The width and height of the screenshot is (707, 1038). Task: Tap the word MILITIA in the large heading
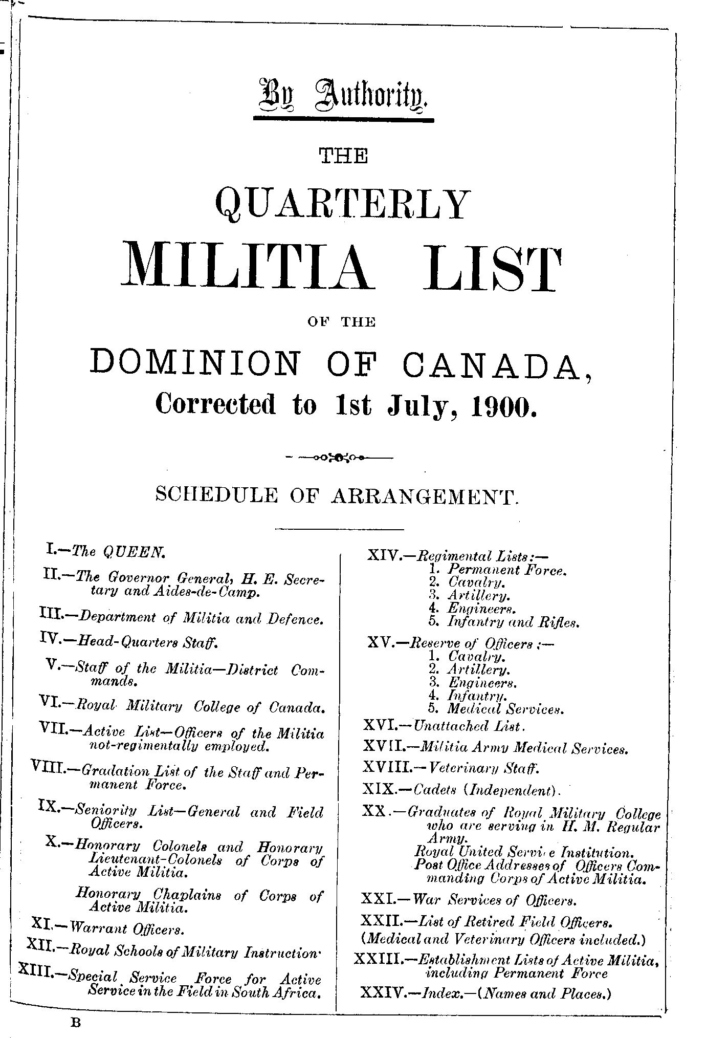tap(245, 269)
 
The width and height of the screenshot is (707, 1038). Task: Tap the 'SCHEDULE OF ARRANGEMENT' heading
tap(338, 496)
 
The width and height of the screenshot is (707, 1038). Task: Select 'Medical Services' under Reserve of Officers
tap(505, 709)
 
